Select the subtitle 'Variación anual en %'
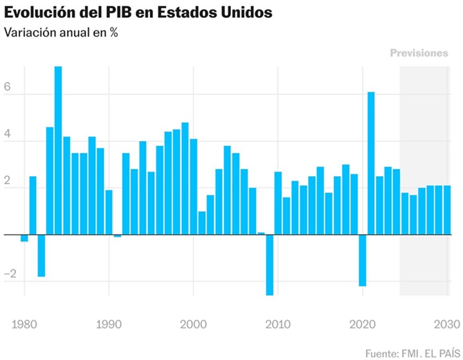click(x=61, y=33)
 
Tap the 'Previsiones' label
click(x=419, y=53)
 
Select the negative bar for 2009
click(x=269, y=264)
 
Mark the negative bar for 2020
click(x=362, y=260)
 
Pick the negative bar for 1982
click(x=41, y=255)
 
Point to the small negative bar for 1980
click(x=24, y=238)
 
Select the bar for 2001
click(x=202, y=223)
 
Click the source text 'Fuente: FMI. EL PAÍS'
click(x=412, y=353)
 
